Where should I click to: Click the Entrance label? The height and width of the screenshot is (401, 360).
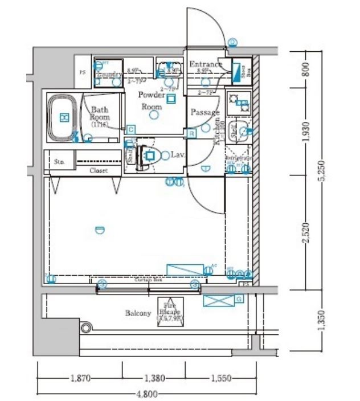(205, 64)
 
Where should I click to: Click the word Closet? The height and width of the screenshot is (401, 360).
(99, 170)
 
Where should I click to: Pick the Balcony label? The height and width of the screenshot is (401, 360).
(138, 313)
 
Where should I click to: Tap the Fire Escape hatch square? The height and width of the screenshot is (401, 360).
(170, 313)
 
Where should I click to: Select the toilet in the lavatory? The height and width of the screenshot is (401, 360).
(149, 154)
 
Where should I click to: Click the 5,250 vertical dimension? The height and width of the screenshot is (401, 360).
(322, 169)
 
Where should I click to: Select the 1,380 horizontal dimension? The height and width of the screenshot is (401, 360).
(154, 378)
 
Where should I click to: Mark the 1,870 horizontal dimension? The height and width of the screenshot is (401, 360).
(79, 378)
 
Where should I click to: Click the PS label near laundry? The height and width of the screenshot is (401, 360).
(82, 72)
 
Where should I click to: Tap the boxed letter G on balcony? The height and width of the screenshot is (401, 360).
(239, 298)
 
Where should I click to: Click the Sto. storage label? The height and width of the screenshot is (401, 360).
(58, 162)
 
